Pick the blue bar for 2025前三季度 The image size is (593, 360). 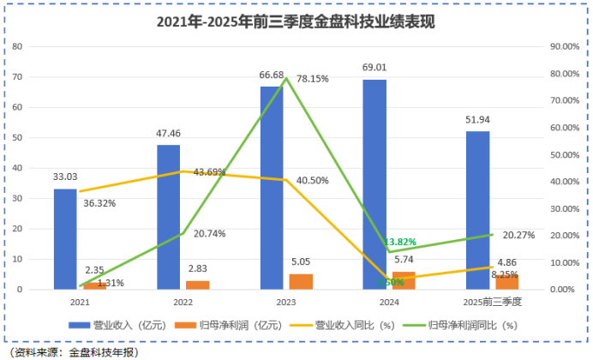click(477, 210)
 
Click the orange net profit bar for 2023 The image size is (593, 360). click(301, 282)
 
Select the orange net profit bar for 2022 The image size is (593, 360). click(197, 285)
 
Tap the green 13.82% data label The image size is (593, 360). click(400, 243)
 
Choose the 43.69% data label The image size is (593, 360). click(209, 172)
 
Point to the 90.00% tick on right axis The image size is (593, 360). click(562, 47)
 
